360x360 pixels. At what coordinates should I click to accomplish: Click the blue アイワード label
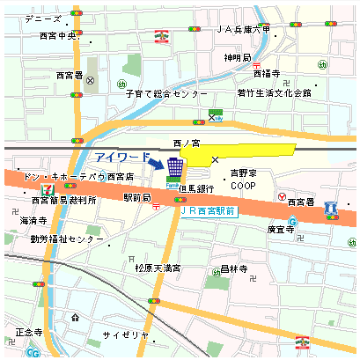122,157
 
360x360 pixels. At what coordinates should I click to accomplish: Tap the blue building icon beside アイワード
176,166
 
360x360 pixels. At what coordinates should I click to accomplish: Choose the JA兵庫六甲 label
243,29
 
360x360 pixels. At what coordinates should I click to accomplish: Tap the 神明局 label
238,58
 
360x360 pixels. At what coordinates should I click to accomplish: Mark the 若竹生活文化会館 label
274,92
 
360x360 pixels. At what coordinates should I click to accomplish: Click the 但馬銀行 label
195,188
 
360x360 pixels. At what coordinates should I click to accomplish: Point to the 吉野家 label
243,173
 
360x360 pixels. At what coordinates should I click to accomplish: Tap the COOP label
243,187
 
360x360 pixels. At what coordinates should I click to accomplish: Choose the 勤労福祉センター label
67,239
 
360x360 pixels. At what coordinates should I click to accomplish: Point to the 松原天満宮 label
158,268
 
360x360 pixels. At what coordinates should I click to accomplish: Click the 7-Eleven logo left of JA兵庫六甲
160,36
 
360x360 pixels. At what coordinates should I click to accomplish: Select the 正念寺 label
29,333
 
